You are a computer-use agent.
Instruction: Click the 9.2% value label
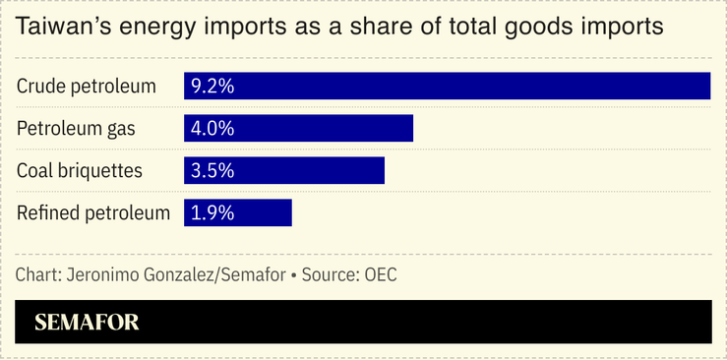(212, 86)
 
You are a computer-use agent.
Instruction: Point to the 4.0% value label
(212, 128)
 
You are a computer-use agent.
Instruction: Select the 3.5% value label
(212, 170)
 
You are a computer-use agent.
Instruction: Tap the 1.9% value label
(212, 212)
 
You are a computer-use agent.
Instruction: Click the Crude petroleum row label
(87, 86)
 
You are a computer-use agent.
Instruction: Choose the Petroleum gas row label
(76, 128)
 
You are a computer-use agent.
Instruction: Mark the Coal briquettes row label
(80, 170)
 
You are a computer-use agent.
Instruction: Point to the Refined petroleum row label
(93, 212)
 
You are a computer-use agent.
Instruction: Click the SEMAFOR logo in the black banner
(87, 322)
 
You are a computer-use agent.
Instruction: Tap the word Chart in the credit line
(36, 274)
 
